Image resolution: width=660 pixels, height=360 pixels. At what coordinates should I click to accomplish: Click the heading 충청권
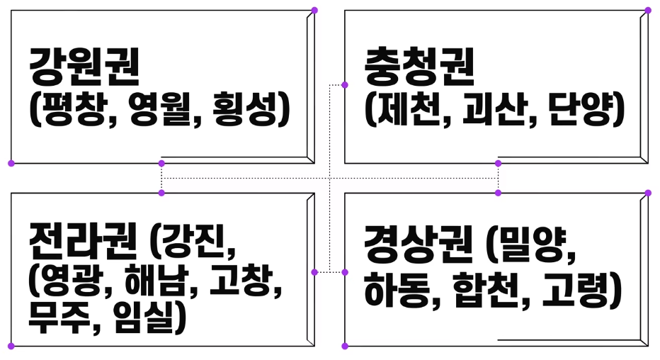[419, 66]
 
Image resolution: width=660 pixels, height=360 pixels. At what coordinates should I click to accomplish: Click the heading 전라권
[83, 242]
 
